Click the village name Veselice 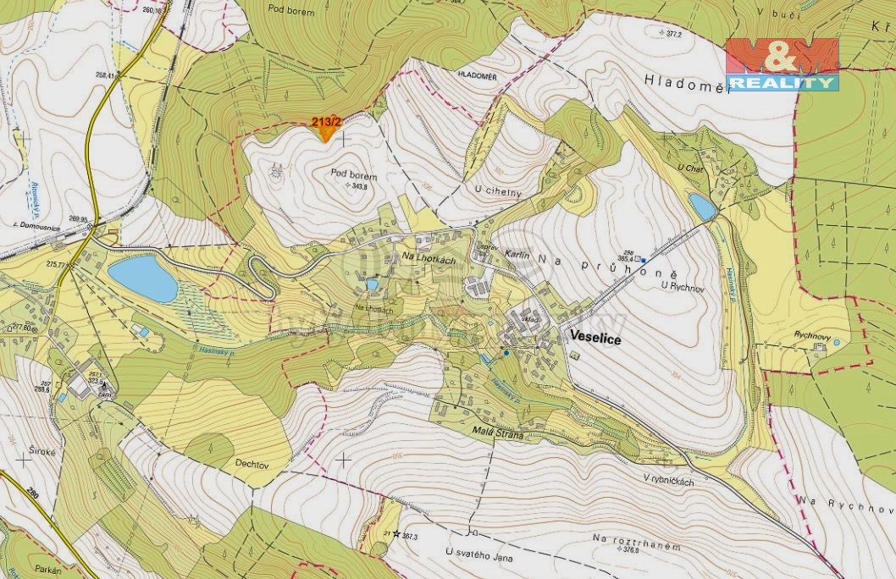point(595,339)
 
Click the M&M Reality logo point(782,64)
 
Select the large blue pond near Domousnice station point(143,278)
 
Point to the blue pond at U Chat point(702,206)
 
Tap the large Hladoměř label point(687,82)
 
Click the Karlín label point(517,254)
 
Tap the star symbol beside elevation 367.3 point(395,533)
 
